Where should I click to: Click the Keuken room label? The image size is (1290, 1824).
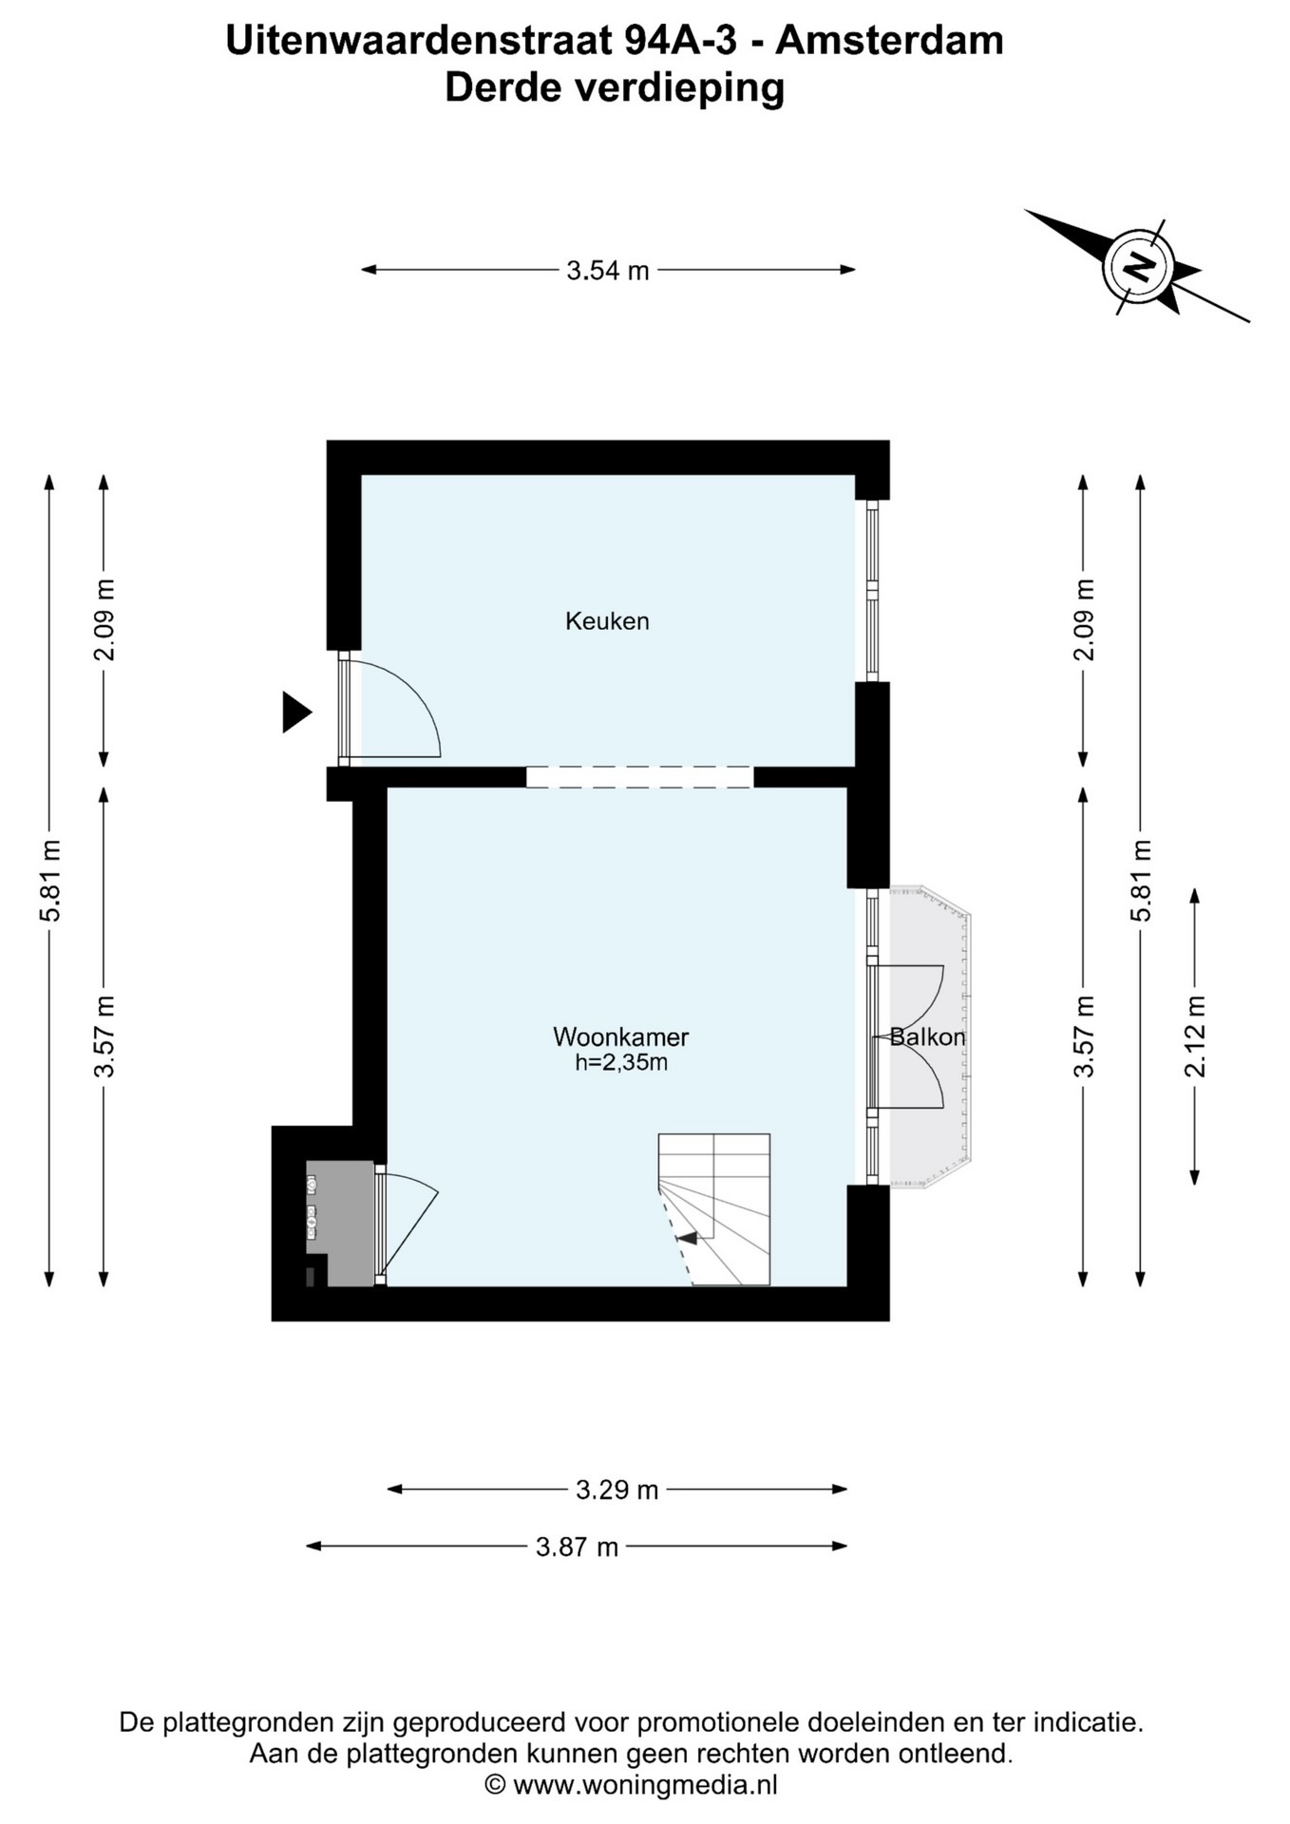607,621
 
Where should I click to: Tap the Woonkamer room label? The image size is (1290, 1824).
621,1036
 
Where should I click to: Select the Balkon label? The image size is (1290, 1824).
927,1036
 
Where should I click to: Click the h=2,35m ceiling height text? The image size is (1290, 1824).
621,1062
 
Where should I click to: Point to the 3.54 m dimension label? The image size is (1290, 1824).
608,271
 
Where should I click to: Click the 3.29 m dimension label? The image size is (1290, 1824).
617,1490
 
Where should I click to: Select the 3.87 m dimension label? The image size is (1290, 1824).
577,1548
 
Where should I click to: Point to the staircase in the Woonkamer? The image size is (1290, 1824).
713,1209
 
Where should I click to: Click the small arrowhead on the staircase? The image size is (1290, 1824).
686,1237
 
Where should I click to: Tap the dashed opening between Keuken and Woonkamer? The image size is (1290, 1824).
639,777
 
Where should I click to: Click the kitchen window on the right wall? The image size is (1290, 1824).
872,591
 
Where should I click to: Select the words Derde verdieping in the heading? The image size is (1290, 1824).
615,87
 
